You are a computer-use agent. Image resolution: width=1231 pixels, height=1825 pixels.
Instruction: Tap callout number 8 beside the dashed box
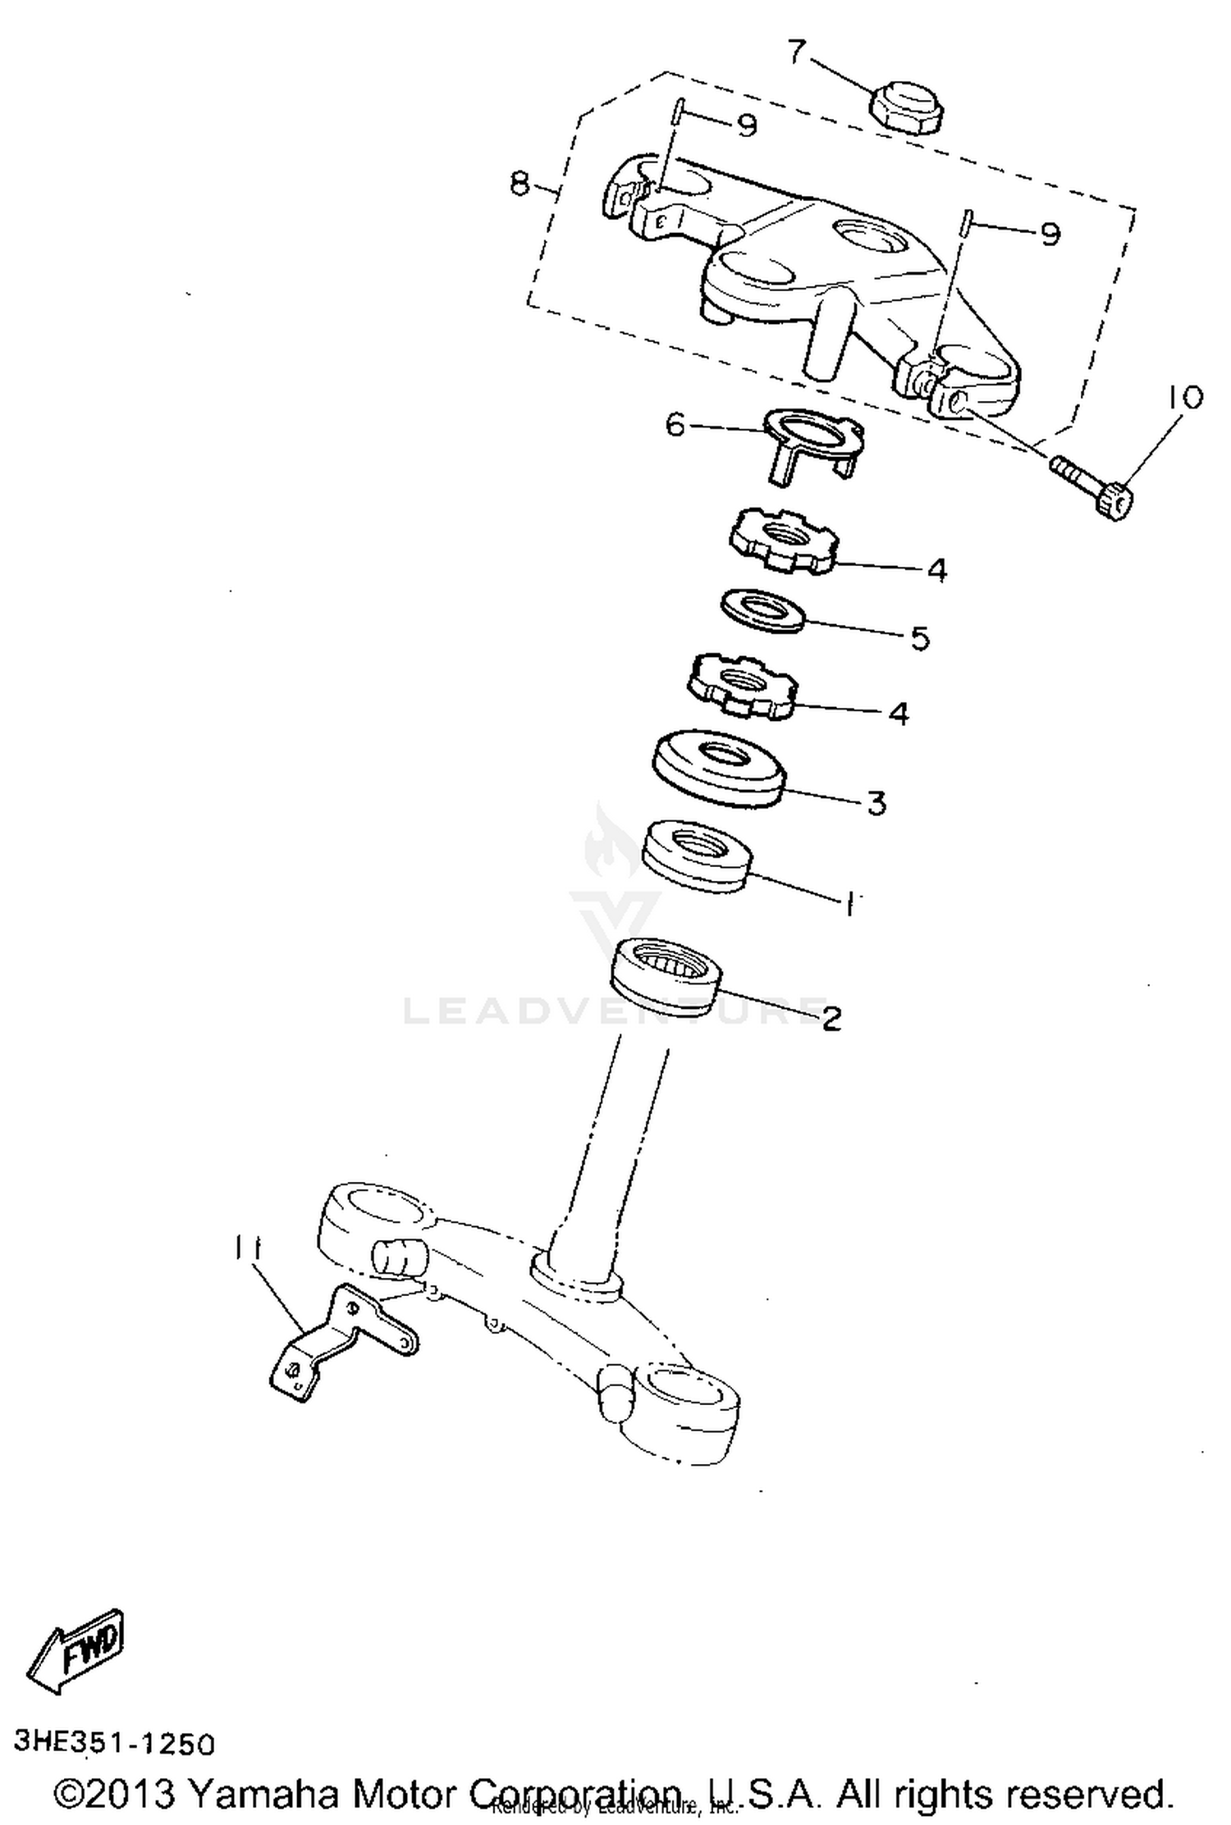point(520,183)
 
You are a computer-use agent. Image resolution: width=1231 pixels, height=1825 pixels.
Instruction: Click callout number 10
point(1181,398)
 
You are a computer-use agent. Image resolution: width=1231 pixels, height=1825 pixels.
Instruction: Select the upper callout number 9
point(745,125)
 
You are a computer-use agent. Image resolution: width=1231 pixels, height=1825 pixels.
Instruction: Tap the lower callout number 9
point(1049,235)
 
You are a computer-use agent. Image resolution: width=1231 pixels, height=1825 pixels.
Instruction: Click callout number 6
point(675,426)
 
